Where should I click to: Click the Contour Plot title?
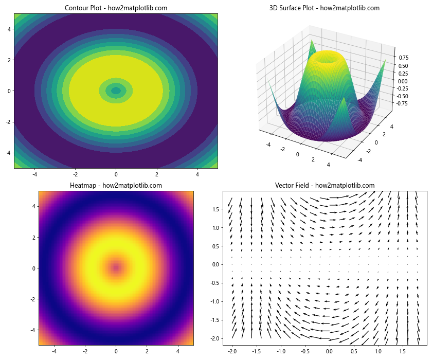[116, 8]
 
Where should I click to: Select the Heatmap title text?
[116, 185]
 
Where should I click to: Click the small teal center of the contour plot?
[116, 91]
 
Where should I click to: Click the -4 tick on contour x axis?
[34, 174]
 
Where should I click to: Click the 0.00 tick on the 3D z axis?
[403, 81]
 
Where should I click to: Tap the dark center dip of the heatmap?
[116, 268]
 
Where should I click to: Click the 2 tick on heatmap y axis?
[34, 237]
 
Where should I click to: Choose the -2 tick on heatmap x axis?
[75, 351]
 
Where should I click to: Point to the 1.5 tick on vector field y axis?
[216, 209]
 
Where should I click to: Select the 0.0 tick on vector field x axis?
[329, 351]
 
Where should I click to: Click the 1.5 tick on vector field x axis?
[403, 351]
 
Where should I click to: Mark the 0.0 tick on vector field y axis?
[216, 264]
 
